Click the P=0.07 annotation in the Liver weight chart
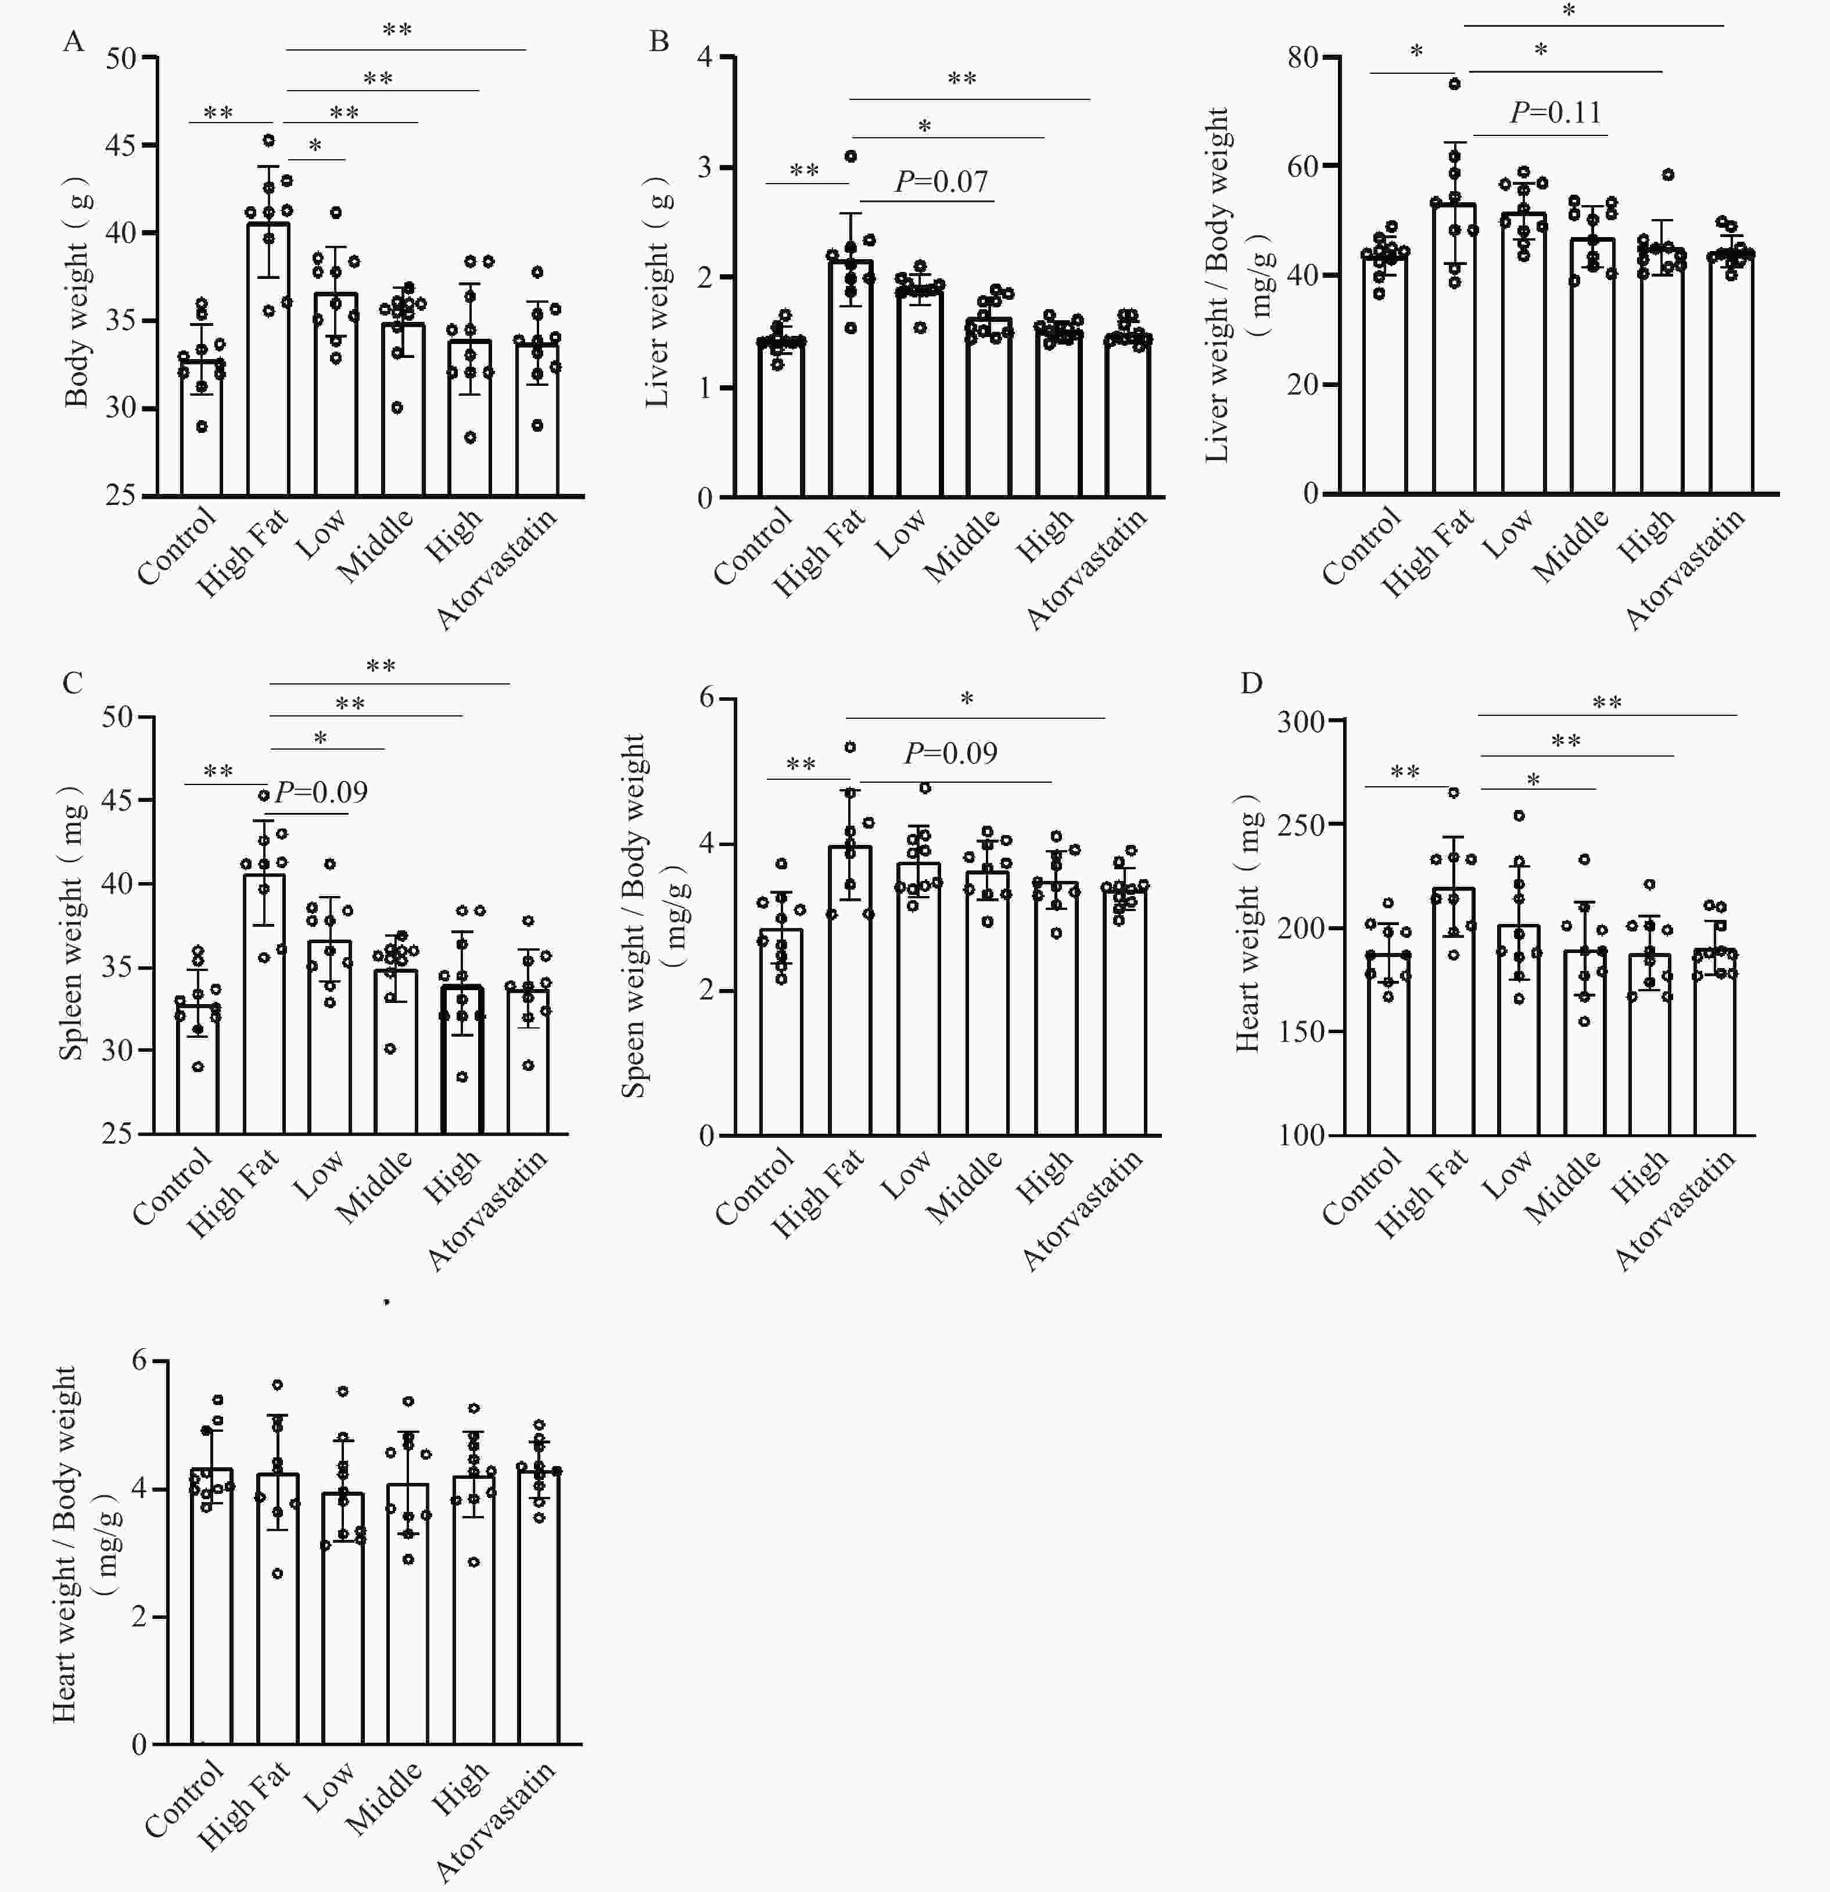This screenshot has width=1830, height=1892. click(x=941, y=181)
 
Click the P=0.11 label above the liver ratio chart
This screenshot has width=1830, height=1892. click(x=1556, y=113)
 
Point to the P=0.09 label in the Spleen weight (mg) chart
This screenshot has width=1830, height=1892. click(x=321, y=793)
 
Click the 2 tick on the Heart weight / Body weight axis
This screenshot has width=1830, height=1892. click(x=140, y=1617)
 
